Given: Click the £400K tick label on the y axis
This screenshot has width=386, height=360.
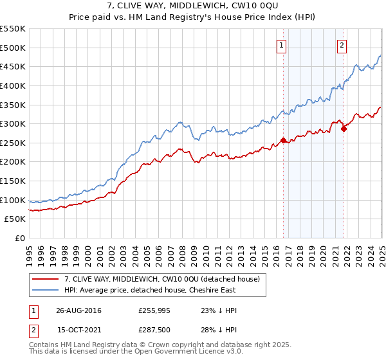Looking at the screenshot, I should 13,85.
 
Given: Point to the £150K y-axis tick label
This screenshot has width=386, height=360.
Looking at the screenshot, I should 13,181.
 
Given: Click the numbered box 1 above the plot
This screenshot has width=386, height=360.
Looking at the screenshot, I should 282,45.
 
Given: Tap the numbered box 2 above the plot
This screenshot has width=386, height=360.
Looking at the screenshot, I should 342,45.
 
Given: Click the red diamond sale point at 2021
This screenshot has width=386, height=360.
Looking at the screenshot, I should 344,129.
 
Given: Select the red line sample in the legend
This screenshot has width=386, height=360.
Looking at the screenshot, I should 45,279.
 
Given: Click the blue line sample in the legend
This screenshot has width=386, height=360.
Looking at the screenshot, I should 45,291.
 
